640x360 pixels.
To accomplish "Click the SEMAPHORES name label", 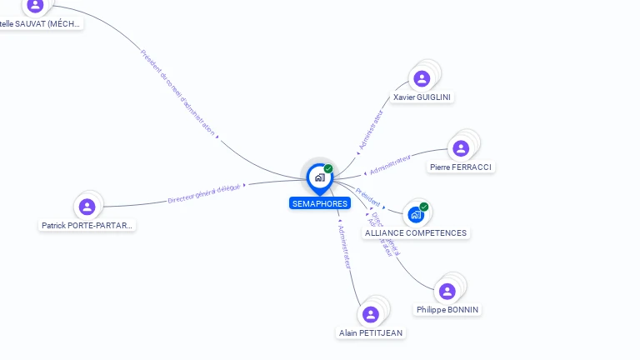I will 320,203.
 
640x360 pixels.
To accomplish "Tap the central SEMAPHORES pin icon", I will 319,177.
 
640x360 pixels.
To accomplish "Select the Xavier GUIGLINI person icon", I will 422,79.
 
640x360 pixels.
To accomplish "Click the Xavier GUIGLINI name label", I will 422,97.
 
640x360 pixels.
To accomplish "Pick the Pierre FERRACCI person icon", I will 461,149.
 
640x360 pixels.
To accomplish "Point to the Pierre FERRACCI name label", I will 461,167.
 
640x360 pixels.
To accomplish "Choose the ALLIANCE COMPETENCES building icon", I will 416,215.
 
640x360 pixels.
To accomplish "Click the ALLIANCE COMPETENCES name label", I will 416,233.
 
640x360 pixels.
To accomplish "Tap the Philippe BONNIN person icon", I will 447,291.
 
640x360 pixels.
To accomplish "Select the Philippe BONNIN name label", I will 448,310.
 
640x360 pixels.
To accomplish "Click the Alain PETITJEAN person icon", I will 371,314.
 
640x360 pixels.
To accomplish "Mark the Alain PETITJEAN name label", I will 371,333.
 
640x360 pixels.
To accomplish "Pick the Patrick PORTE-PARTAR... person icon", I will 87,207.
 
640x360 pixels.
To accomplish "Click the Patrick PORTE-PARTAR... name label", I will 87,226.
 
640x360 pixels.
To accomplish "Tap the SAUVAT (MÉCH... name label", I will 41,24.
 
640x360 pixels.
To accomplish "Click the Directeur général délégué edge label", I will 203,194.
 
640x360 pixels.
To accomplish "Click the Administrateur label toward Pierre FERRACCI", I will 390,164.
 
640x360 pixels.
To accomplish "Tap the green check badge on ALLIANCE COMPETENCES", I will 424,207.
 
